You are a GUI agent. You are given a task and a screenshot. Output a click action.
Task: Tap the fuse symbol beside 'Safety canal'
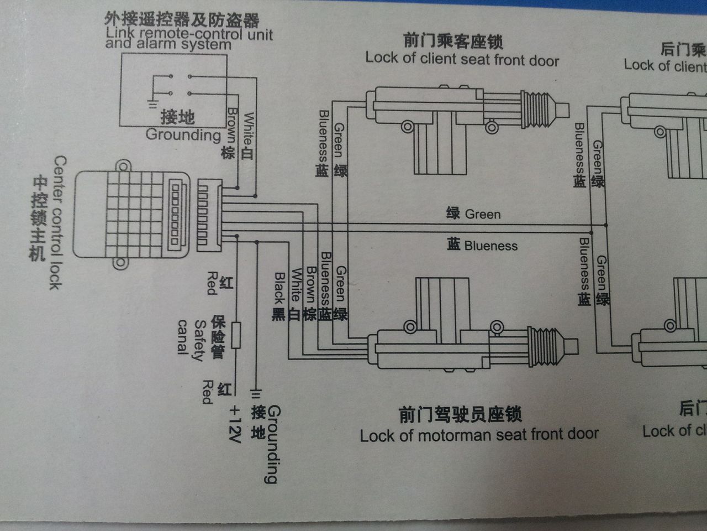tap(236, 335)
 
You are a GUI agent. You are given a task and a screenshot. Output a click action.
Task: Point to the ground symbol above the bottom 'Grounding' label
tap(255, 394)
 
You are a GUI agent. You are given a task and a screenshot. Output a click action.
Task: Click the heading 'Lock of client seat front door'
tap(462, 59)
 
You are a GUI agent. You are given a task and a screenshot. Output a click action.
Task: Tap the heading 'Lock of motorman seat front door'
tap(479, 435)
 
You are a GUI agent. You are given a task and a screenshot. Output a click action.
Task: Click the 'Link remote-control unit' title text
tap(189, 34)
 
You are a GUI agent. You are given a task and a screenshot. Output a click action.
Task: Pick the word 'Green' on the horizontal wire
tap(483, 214)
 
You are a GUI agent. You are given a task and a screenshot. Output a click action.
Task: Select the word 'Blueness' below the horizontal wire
tap(490, 246)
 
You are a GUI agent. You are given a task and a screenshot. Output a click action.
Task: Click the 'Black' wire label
tap(279, 288)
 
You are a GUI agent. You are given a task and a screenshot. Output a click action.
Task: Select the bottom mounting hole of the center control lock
tap(120, 262)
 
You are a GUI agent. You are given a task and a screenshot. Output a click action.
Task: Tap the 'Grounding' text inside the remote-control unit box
tap(183, 134)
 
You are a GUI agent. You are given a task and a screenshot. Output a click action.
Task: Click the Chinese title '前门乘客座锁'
tap(453, 41)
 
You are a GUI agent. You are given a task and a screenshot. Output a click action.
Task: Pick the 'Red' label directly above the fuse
tap(212, 283)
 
